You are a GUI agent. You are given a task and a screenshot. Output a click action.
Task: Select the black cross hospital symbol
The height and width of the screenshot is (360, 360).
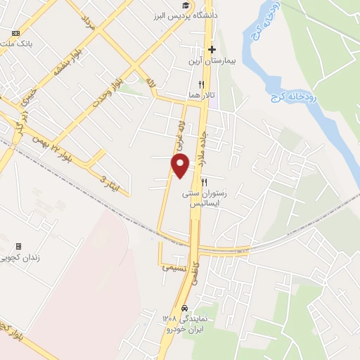(212, 49)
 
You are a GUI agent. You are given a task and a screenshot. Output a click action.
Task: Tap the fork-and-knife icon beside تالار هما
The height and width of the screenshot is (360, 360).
(201, 84)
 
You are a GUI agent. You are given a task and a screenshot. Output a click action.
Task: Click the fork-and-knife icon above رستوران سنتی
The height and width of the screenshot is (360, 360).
(203, 181)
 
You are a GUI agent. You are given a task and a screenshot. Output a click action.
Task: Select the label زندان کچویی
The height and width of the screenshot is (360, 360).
(25, 258)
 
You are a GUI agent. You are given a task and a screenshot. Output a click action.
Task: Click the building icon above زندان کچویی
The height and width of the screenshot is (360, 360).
(18, 247)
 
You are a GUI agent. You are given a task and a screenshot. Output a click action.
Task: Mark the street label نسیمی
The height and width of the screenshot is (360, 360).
(175, 268)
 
